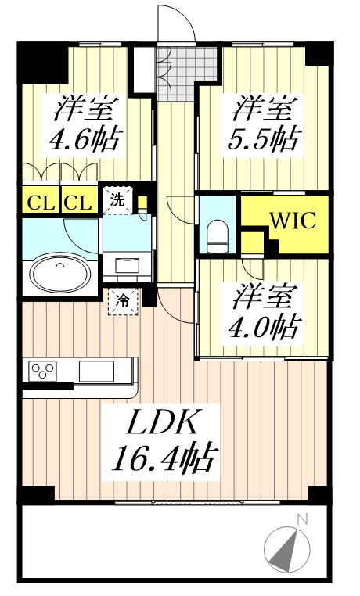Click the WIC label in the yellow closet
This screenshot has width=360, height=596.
(293, 221)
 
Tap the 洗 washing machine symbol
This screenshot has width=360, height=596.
(117, 199)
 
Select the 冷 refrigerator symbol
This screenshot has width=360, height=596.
(123, 299)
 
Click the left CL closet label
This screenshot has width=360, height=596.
(39, 204)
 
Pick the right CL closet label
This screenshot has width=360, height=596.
(78, 204)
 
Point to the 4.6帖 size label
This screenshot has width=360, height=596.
(85, 142)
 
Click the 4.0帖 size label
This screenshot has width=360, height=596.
(263, 325)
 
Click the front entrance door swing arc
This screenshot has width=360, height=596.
(174, 23)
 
